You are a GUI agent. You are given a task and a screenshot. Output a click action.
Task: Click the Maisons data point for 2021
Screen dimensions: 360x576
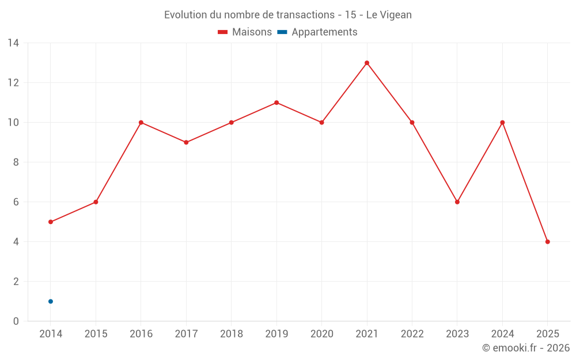coord(367,63)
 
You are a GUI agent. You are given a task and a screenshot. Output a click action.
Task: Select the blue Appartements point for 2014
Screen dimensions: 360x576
coord(51,301)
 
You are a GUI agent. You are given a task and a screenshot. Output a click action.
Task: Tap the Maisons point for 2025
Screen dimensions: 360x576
coord(547,242)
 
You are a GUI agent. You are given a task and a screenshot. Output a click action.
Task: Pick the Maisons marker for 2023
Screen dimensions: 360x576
coord(457,202)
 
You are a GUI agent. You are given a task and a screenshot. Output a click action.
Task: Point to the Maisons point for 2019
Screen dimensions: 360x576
coord(276,103)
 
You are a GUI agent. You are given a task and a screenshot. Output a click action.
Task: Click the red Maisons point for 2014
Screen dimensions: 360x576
coord(51,222)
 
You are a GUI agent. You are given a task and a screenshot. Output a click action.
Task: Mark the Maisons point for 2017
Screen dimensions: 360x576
coord(186,142)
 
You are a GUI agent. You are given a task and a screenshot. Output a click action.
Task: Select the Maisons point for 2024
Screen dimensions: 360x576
coord(502,123)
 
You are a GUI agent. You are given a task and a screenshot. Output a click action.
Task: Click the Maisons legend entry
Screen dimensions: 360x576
coord(245,32)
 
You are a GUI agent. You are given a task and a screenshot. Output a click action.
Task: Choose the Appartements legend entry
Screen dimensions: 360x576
coord(317,32)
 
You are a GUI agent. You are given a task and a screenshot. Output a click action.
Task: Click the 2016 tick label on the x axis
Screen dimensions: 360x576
coord(141,334)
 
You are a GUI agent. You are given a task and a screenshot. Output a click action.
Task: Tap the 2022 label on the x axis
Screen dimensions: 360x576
coord(412,334)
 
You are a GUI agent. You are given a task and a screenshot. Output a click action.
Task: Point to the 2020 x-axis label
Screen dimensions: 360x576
coord(321,334)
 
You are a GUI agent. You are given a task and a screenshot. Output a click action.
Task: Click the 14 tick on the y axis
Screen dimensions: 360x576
coord(13,43)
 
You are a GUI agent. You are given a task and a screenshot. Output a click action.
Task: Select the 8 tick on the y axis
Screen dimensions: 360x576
coord(16,162)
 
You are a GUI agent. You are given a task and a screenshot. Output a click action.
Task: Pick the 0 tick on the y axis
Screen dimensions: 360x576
coord(16,321)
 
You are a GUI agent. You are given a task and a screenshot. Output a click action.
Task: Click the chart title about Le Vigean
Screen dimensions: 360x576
coord(288,15)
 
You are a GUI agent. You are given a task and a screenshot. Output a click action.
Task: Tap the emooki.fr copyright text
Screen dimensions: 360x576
coord(526,348)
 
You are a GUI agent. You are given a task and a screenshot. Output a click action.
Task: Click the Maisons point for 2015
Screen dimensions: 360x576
coord(96,202)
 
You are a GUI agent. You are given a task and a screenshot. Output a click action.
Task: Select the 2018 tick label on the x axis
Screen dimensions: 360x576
coord(232,334)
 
